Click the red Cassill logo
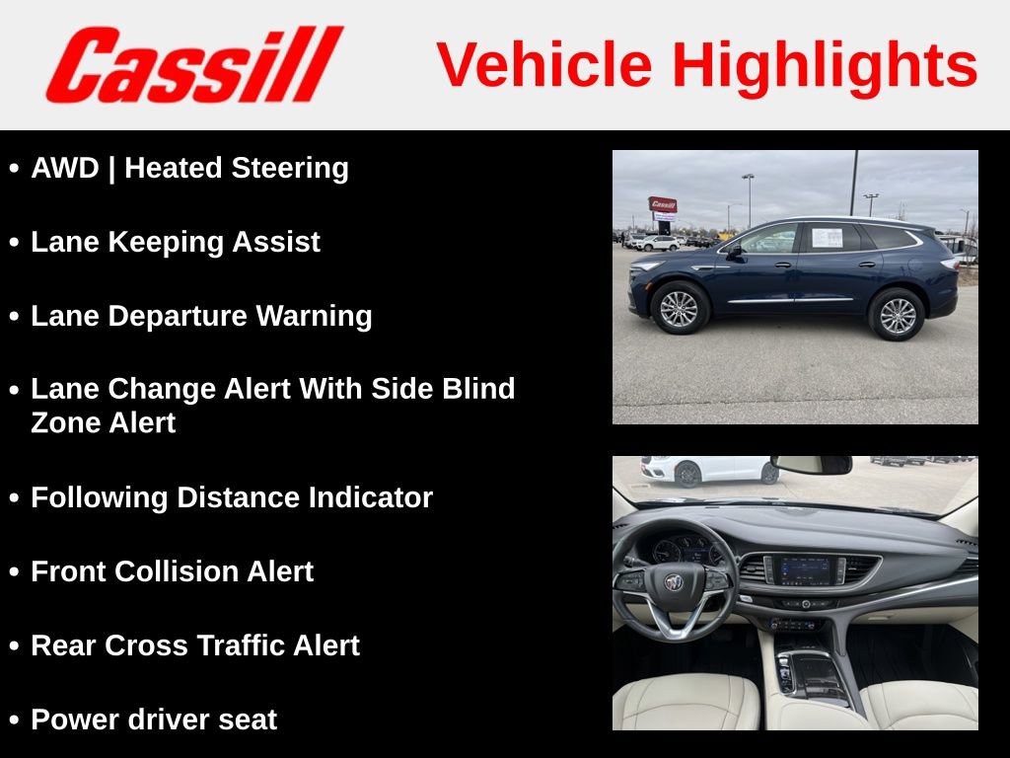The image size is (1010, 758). pos(193,65)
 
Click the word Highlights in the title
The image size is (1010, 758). pos(825,65)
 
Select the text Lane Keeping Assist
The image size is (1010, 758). pos(176,242)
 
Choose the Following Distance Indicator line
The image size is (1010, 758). pos(232,497)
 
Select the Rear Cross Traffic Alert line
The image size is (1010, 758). pos(195,645)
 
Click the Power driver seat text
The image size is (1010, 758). pos(154,720)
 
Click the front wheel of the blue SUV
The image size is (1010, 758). pos(679,308)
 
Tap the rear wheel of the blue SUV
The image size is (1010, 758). pos(897,315)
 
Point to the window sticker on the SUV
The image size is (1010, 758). pos(827,237)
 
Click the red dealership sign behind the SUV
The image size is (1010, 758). pos(663,205)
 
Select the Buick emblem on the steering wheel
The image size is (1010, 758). pos(675,582)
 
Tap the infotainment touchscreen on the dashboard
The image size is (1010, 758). pos(805,569)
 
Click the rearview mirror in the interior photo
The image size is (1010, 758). pos(811,465)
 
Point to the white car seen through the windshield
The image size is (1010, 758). pos(708,470)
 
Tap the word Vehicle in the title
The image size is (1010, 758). pos(544,65)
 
